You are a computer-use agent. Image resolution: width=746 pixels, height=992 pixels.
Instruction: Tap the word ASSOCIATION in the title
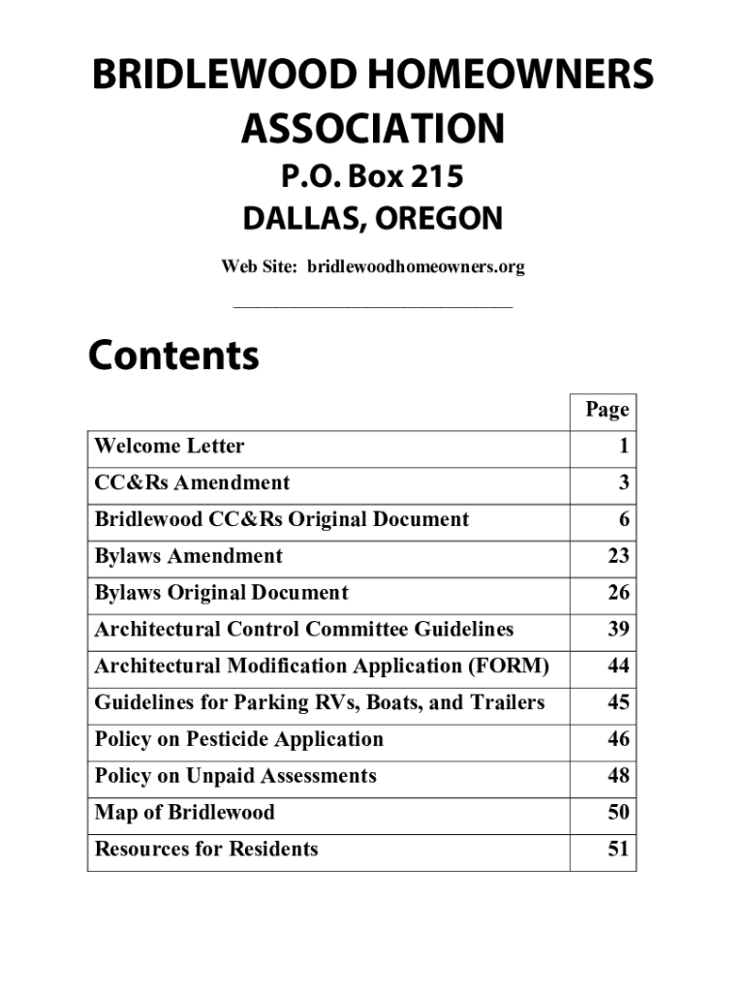(373, 128)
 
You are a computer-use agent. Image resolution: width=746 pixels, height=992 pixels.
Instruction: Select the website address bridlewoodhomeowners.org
(416, 266)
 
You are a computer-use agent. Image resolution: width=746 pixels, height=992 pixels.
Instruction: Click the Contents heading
(174, 356)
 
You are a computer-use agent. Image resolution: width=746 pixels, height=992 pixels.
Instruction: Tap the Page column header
(607, 410)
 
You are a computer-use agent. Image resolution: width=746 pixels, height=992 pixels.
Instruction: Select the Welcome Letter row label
(170, 447)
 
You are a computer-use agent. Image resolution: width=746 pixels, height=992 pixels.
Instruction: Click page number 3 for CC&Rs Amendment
(624, 483)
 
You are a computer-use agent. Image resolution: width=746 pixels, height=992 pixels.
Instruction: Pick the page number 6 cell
(624, 520)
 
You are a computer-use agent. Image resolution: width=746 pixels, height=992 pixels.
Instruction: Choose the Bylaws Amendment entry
(189, 556)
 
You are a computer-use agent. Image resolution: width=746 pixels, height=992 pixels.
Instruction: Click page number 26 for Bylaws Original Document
(618, 593)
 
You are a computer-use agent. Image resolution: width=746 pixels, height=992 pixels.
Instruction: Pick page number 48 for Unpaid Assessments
(618, 776)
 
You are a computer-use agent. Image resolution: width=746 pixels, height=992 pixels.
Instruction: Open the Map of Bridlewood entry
(185, 813)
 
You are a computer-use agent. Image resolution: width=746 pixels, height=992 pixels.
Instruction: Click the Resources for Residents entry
(206, 850)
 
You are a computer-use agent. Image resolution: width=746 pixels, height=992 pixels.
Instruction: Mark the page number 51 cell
(618, 850)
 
